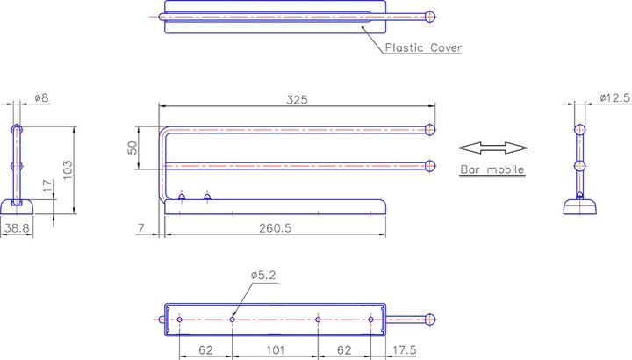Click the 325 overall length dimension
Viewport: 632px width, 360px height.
pyautogui.click(x=297, y=99)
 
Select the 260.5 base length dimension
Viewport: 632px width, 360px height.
pyautogui.click(x=275, y=228)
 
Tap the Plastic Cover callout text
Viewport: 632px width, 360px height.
pyautogui.click(x=423, y=47)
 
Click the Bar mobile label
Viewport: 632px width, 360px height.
pyautogui.click(x=492, y=169)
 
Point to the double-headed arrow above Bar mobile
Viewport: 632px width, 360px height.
pyautogui.click(x=493, y=148)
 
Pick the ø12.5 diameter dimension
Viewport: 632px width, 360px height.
pyautogui.click(x=614, y=97)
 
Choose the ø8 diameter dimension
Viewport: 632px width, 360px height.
pyautogui.click(x=41, y=97)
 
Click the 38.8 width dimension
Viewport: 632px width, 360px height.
pyautogui.click(x=17, y=228)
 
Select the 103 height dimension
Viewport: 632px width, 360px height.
pyautogui.click(x=68, y=169)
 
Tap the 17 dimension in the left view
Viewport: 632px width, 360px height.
pyautogui.click(x=47, y=186)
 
